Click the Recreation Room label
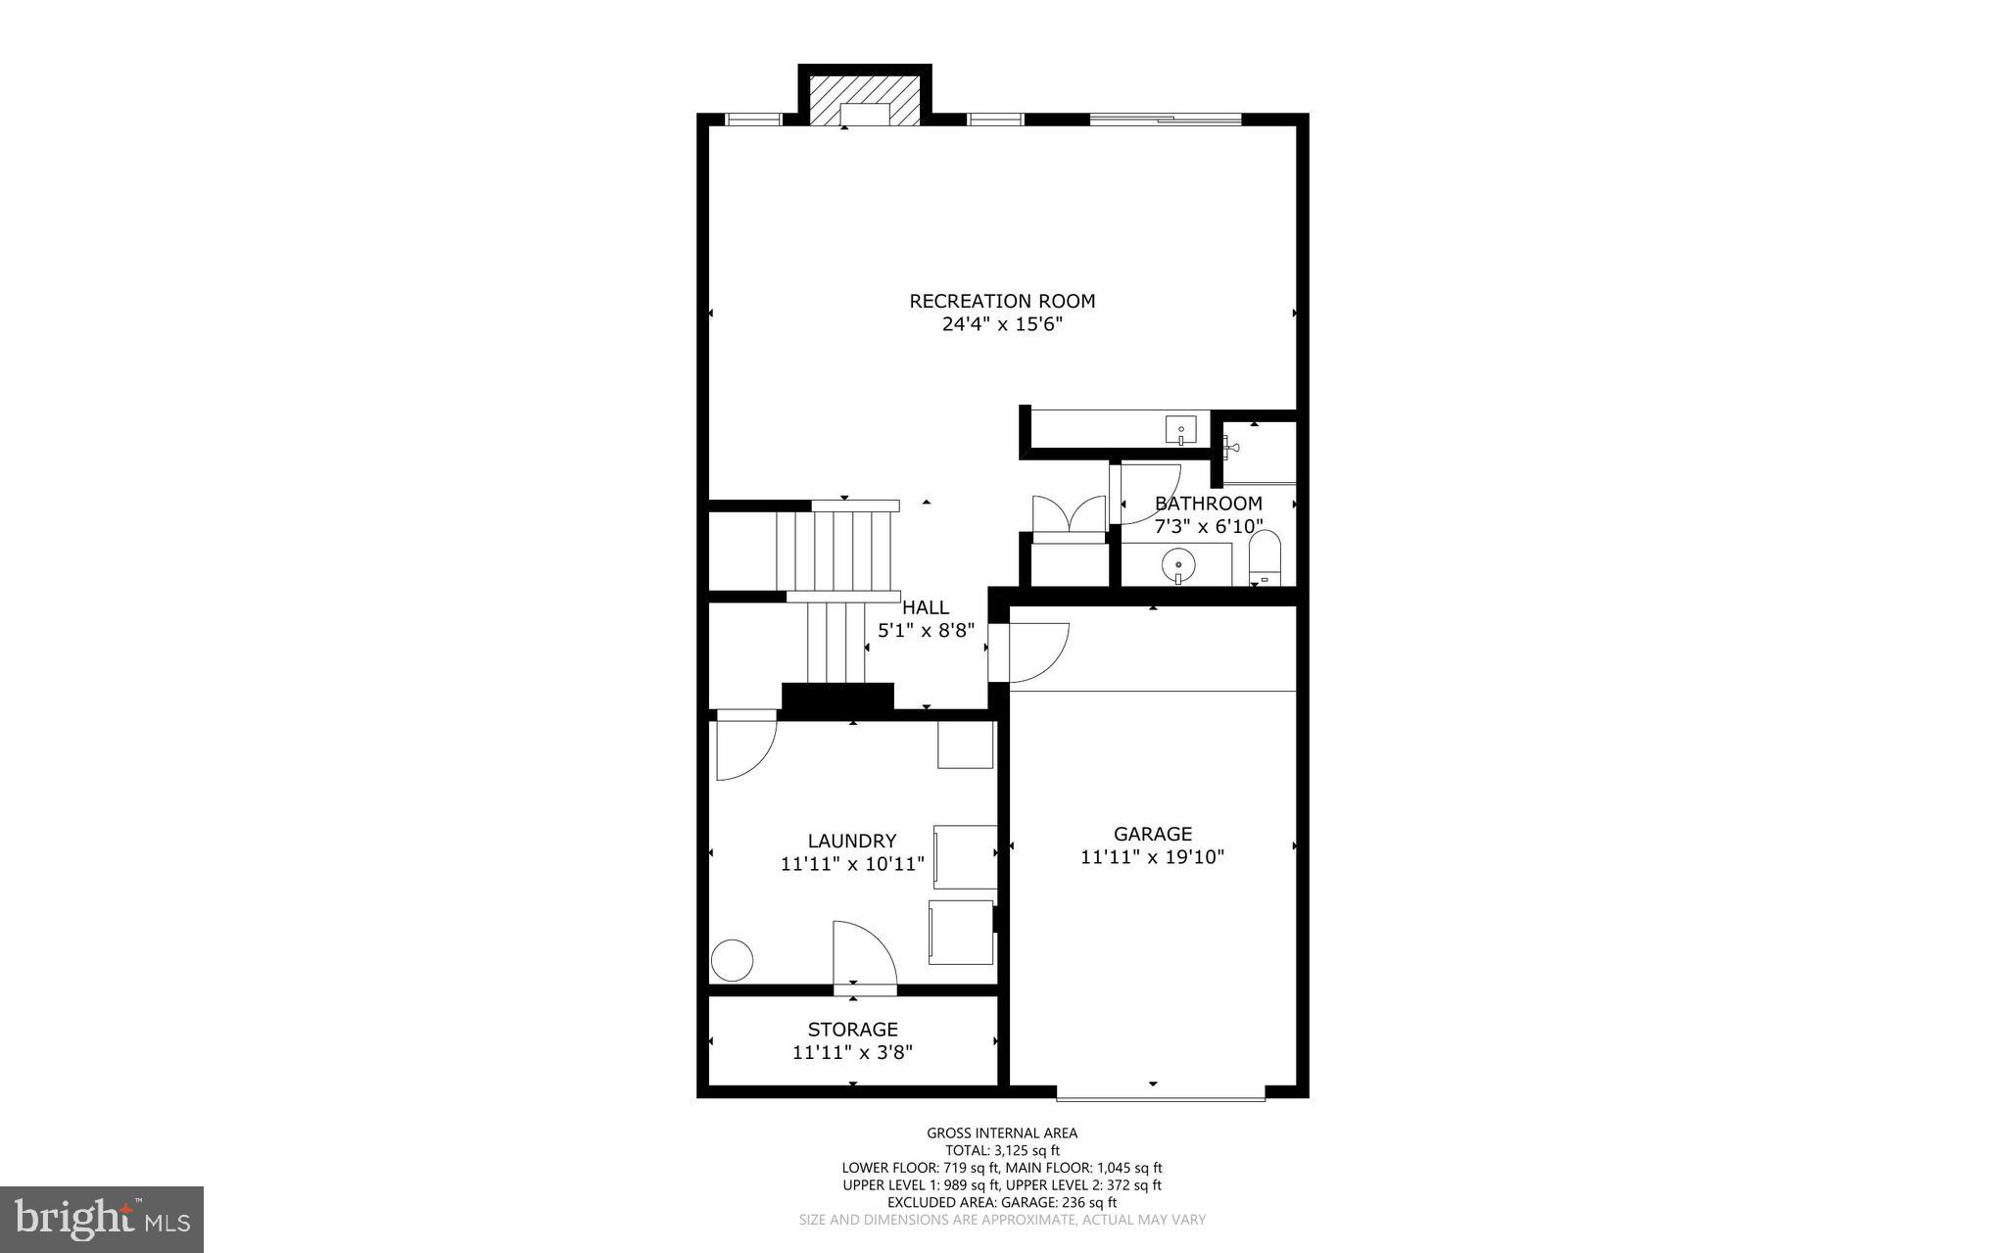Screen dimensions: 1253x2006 [1002, 301]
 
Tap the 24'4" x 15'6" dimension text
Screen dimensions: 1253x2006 [1002, 324]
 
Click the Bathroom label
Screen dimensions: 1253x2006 [1208, 504]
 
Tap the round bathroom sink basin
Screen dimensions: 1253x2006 [1177, 564]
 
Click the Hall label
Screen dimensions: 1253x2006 [926, 607]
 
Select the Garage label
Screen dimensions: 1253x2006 [1153, 834]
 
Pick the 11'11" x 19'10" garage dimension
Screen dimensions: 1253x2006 [1153, 857]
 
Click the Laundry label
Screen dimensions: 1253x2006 [852, 841]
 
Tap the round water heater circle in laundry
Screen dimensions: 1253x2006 [732, 959]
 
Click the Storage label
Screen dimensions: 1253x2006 [852, 1029]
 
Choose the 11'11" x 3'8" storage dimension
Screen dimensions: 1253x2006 [852, 1052]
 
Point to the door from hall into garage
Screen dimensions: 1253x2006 [1036, 651]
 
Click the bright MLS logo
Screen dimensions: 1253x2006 [102, 1219]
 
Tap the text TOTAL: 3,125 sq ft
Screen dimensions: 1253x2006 [1002, 1150]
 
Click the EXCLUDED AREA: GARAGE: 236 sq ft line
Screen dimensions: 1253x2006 [1002, 1202]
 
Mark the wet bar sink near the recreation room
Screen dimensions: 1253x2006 [1180, 429]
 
